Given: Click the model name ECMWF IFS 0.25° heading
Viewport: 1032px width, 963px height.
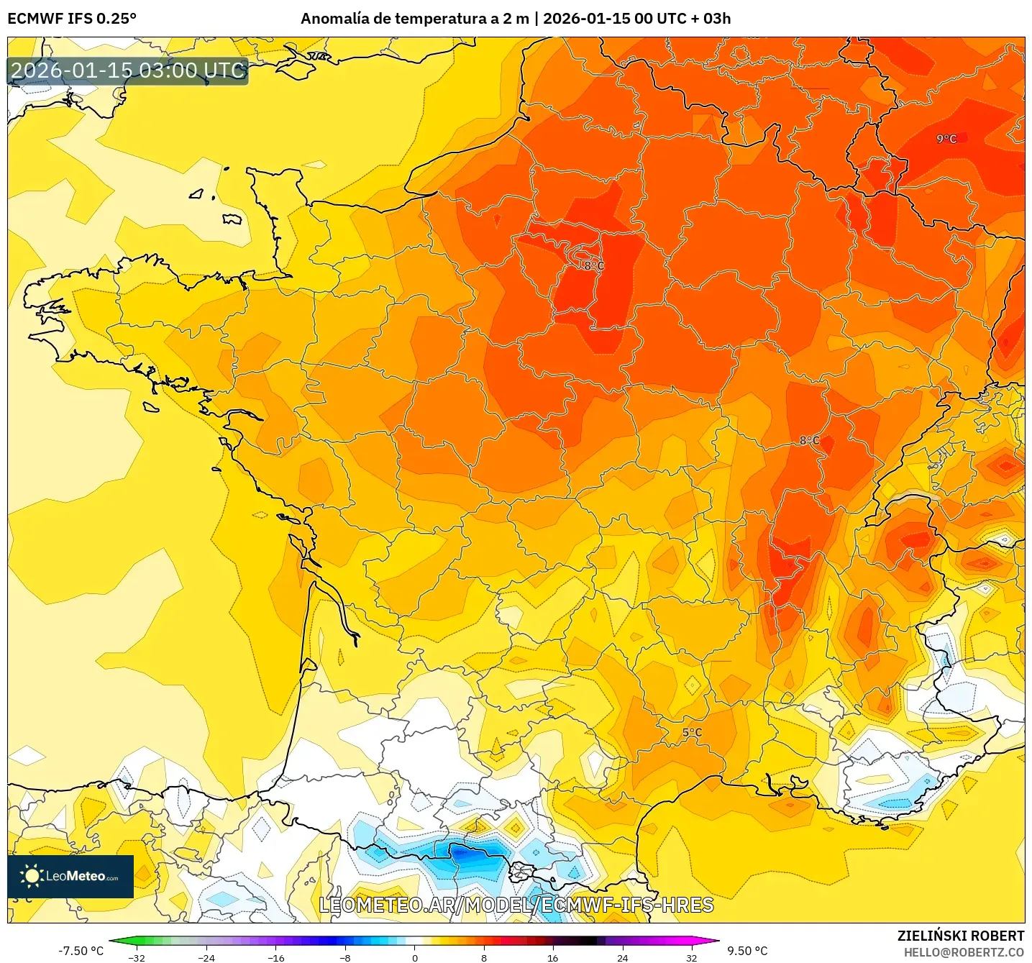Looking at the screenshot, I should [x=72, y=19].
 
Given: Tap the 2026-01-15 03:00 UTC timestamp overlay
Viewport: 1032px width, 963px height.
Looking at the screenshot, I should [x=128, y=71].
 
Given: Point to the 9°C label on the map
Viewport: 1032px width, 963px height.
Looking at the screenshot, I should [x=946, y=139].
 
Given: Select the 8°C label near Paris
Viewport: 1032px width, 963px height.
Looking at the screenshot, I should [x=594, y=265].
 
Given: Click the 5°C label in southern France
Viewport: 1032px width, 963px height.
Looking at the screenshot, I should [x=692, y=733].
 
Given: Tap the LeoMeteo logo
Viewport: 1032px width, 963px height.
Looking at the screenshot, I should [x=70, y=876].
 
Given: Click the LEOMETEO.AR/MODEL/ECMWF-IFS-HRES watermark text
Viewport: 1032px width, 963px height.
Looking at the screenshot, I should [x=516, y=905].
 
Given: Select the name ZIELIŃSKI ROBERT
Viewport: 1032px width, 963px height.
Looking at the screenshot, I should [x=960, y=936].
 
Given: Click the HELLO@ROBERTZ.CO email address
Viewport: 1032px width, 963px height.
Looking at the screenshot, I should [x=964, y=952].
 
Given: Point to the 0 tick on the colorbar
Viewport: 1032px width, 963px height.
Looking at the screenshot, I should [x=414, y=957].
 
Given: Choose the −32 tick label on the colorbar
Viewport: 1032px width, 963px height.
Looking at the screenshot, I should [x=137, y=957].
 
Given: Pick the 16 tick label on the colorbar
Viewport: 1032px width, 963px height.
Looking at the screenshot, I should [x=552, y=957].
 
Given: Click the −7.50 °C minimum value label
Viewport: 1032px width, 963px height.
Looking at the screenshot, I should [x=81, y=951].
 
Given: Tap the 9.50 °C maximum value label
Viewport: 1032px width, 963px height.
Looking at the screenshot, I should [x=747, y=951].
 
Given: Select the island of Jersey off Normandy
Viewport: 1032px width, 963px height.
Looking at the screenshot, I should [x=231, y=219].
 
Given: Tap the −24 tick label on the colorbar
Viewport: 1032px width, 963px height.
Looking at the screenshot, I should [x=206, y=957].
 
